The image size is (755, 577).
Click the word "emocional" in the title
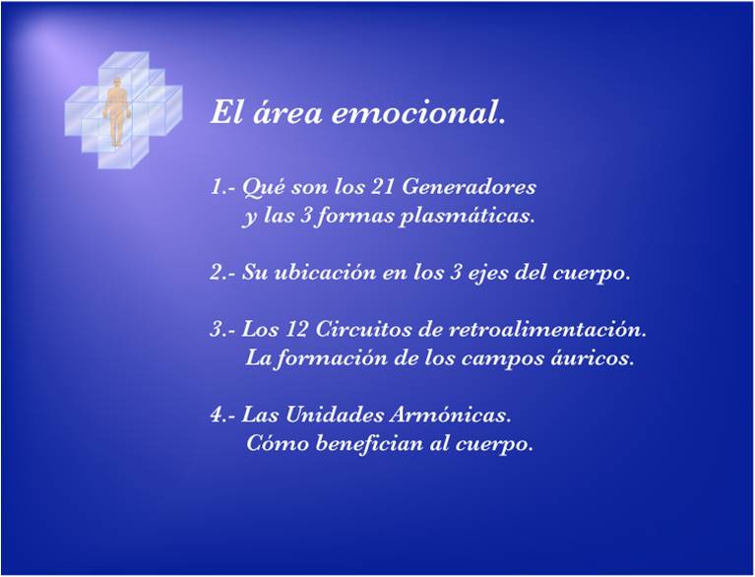tap(412, 114)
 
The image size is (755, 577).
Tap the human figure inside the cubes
tap(116, 112)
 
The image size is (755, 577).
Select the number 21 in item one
tap(382, 187)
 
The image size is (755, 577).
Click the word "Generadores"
tap(468, 187)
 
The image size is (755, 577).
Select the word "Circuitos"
tap(378, 330)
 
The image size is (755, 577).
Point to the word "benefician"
tap(369, 443)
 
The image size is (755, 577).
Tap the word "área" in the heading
tap(287, 114)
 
